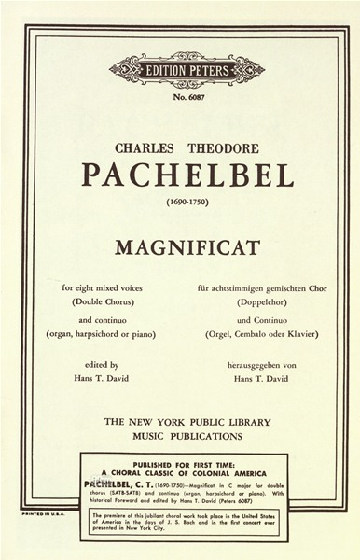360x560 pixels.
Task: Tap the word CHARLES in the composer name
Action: [x=147, y=147]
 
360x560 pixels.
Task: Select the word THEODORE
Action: [x=224, y=147]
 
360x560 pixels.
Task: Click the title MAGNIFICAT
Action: [x=187, y=248]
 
